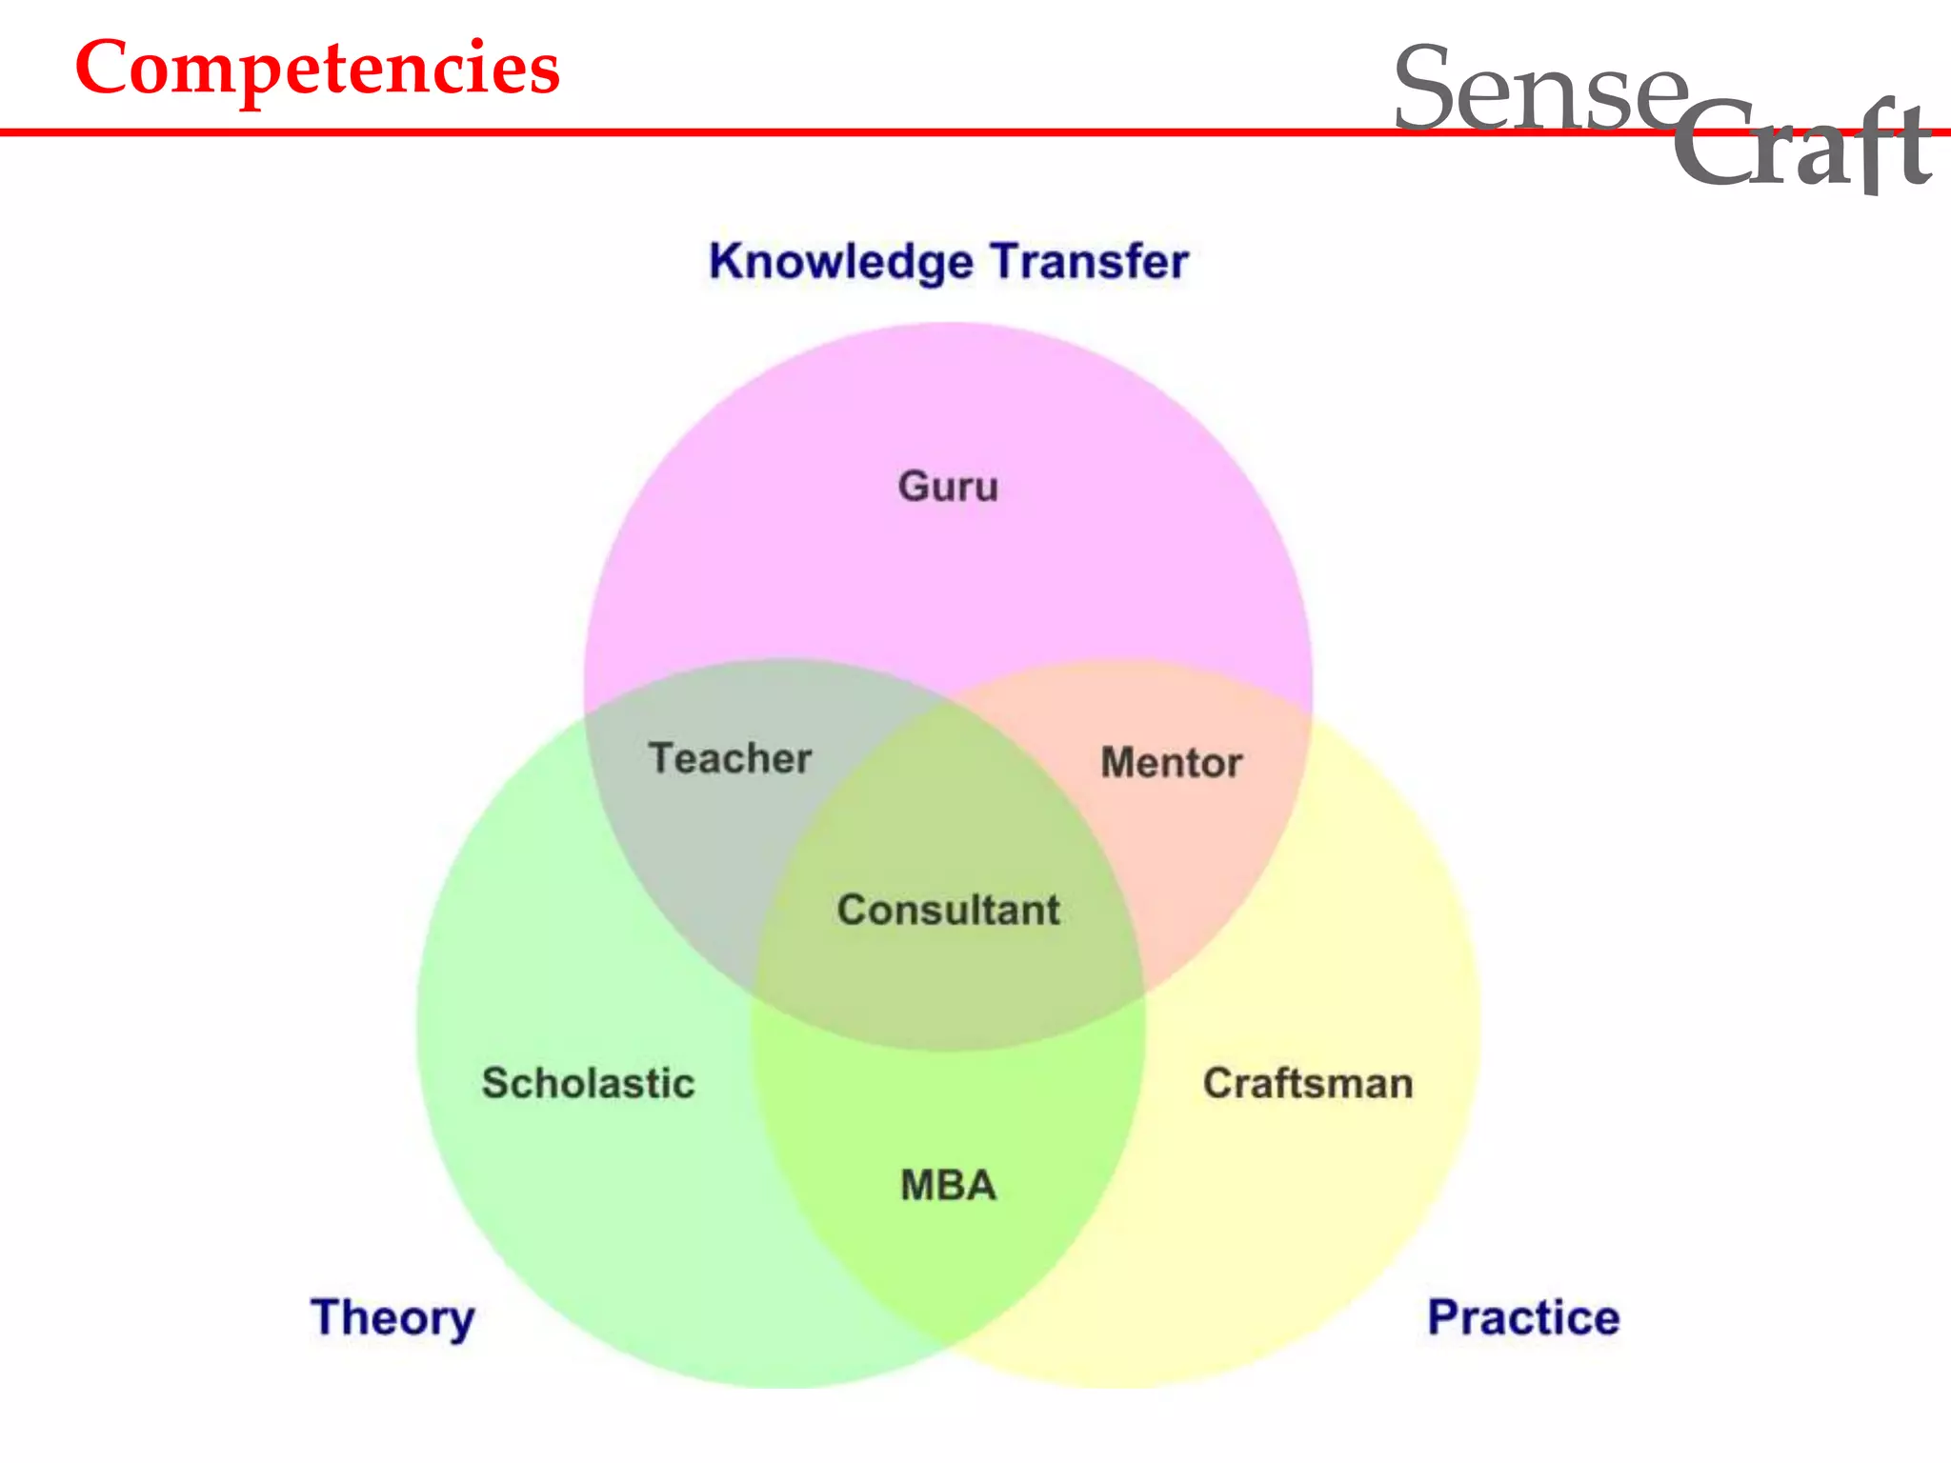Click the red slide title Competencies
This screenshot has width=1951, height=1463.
pos(317,69)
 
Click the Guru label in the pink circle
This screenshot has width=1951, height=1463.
pos(948,487)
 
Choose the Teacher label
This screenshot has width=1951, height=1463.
pos(731,759)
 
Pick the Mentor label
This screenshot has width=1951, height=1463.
pos(1172,763)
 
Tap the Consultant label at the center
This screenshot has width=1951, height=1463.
pos(949,910)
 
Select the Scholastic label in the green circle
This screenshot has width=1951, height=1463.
pos(589,1083)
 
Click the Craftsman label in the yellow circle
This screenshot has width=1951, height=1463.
pos(1308,1083)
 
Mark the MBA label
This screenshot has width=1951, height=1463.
pos(949,1186)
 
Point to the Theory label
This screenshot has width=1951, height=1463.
pos(392,1318)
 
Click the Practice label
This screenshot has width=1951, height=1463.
pos(1523,1318)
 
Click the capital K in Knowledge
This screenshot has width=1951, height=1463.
pos(728,261)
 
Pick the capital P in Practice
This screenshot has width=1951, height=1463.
pos(1445,1317)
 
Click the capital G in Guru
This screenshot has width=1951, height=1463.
pos(915,486)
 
